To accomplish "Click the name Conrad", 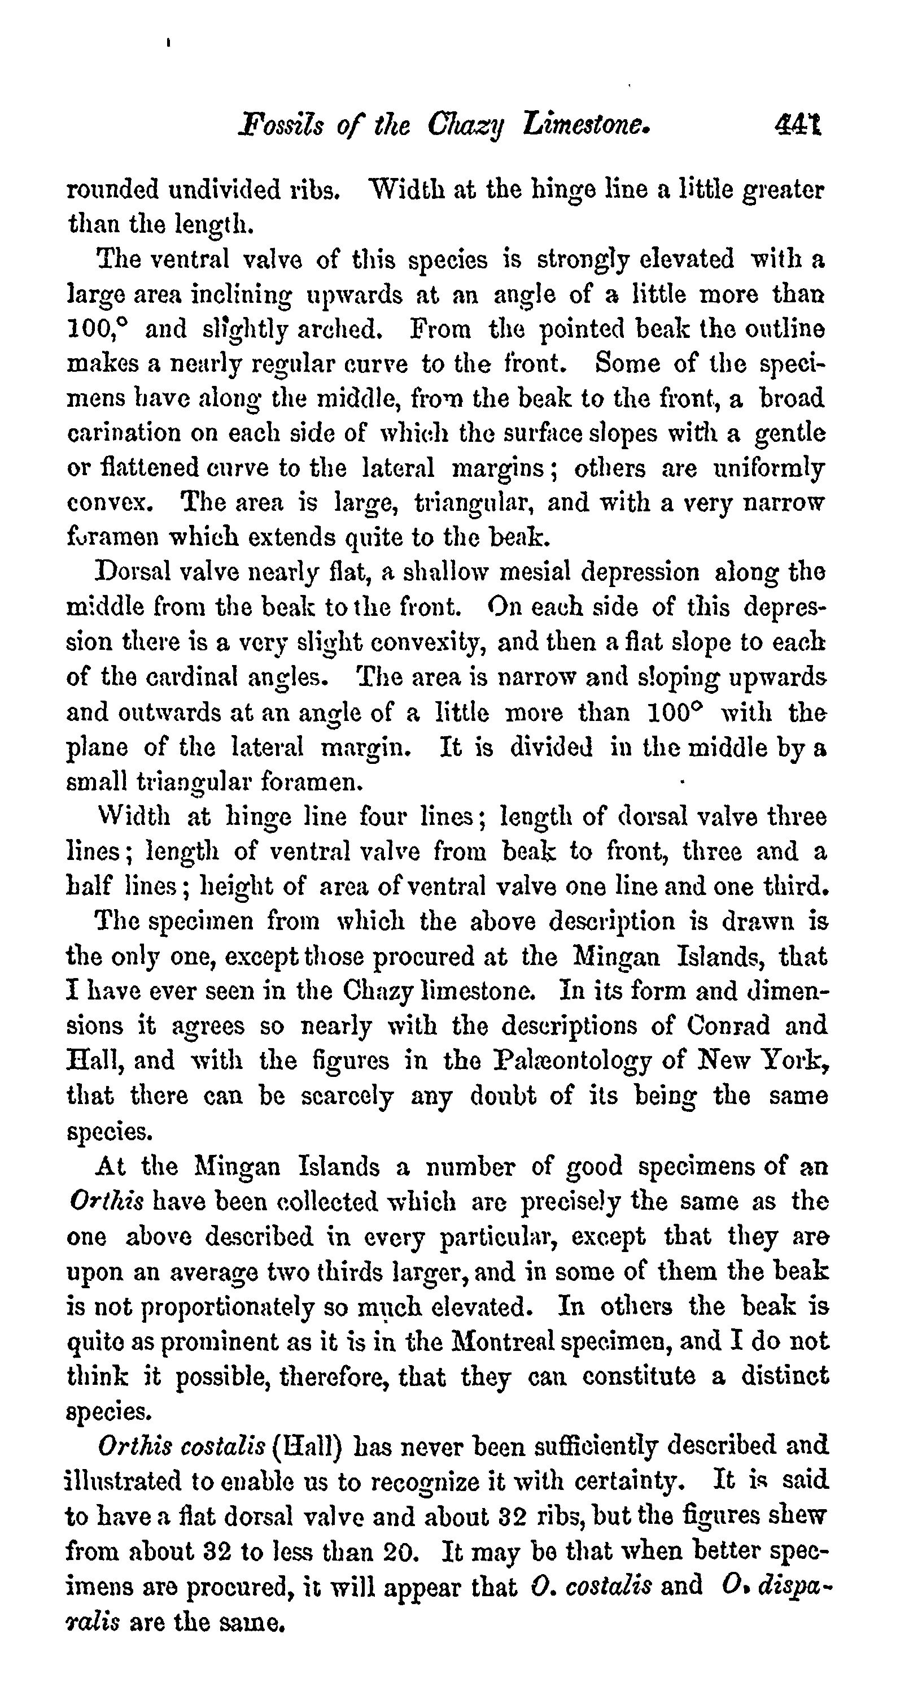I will pos(728,1026).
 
